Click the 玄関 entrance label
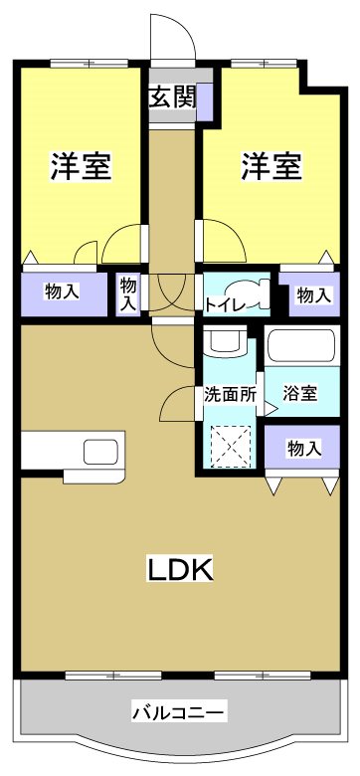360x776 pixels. tap(172, 97)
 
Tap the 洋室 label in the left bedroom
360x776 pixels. tap(81, 166)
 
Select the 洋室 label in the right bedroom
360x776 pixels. tap(270, 166)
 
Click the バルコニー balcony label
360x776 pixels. tap(180, 711)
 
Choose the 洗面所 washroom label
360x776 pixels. tap(230, 393)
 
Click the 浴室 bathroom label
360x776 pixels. tap(299, 393)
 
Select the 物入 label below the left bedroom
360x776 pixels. tap(62, 291)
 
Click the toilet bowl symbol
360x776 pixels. tap(259, 293)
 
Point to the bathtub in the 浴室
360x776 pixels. tap(302, 347)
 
